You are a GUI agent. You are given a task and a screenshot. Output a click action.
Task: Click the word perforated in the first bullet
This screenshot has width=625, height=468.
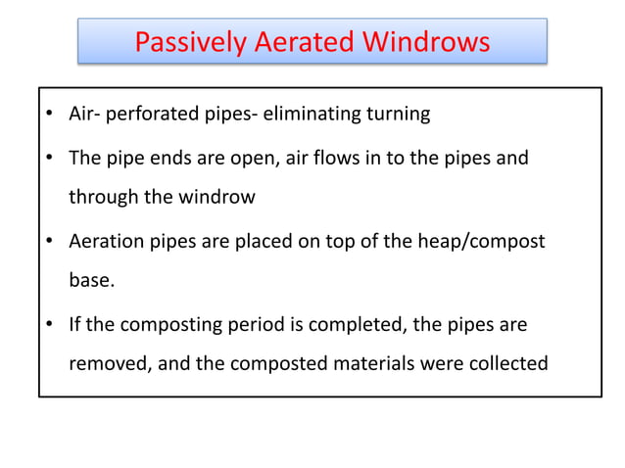[x=149, y=115]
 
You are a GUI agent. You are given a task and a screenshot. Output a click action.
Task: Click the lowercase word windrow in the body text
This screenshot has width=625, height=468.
[x=216, y=198]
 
